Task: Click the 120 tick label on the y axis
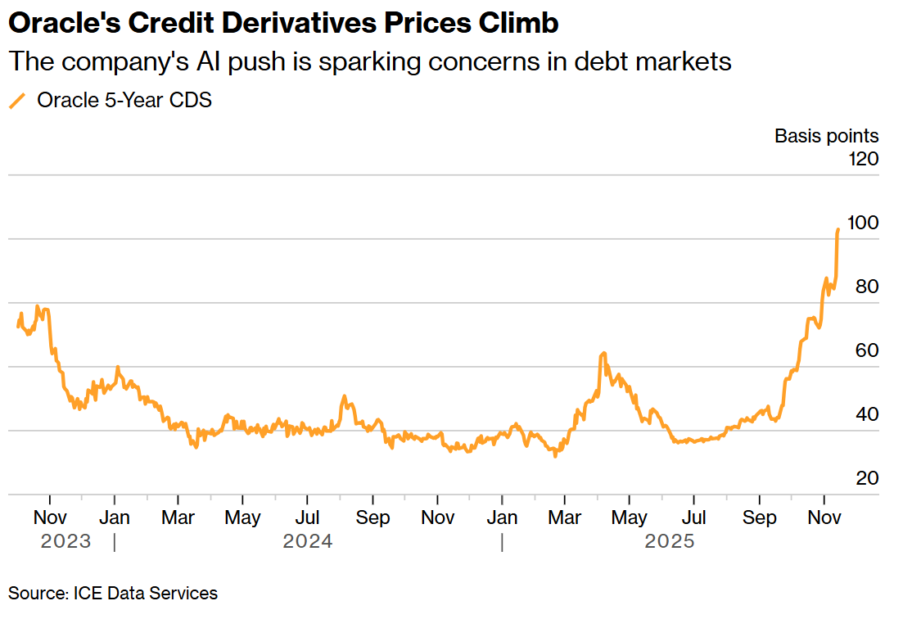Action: (x=862, y=158)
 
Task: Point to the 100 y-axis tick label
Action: (x=862, y=223)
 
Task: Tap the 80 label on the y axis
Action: (x=866, y=287)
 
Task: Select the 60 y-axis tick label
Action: (x=866, y=350)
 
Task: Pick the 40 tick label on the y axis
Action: (x=866, y=414)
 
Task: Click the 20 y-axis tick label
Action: (x=866, y=478)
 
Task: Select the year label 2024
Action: (x=308, y=541)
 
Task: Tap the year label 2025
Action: (x=670, y=541)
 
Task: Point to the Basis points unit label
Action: (x=827, y=136)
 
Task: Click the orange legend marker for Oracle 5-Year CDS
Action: (x=17, y=101)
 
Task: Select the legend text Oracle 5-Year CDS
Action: (x=124, y=101)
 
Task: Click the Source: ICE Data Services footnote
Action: (x=113, y=593)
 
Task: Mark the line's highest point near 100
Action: (x=838, y=229)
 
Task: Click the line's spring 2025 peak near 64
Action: (x=603, y=353)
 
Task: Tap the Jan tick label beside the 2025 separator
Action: (x=502, y=517)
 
